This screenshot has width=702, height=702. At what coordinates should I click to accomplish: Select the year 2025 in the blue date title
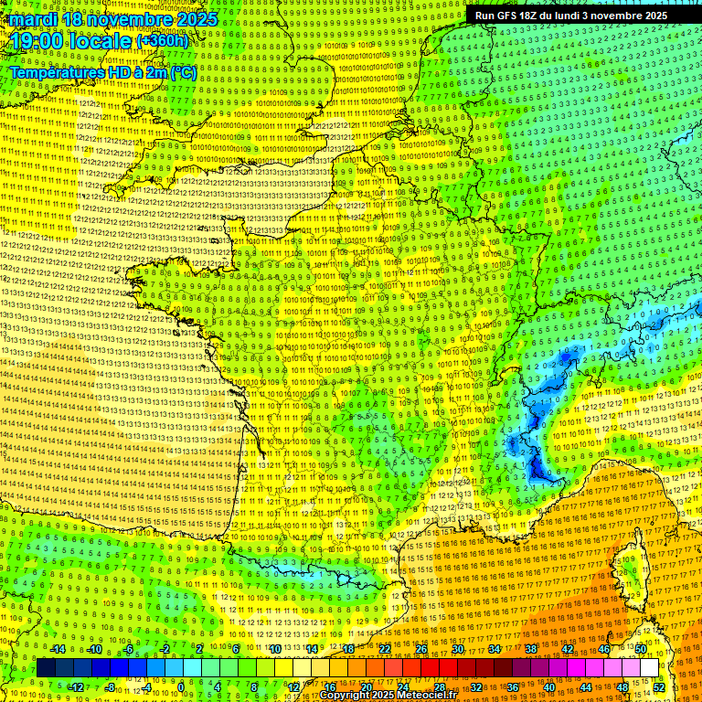pyautogui.click(x=196, y=19)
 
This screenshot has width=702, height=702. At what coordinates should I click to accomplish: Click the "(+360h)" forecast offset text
pyautogui.click(x=164, y=41)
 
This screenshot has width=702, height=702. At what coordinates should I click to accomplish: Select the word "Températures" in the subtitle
pyautogui.click(x=54, y=72)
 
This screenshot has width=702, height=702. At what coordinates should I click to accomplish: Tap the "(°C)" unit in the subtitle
pyautogui.click(x=181, y=72)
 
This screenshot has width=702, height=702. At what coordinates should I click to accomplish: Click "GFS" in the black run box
pyautogui.click(x=505, y=16)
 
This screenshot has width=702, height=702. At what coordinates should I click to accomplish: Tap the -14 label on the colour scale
pyautogui.click(x=57, y=649)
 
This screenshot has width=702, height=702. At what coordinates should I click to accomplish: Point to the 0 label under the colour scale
pyautogui.click(x=181, y=686)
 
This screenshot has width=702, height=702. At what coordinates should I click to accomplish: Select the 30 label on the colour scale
pyautogui.click(x=457, y=649)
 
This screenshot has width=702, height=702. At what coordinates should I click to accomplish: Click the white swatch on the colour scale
pyautogui.click(x=649, y=668)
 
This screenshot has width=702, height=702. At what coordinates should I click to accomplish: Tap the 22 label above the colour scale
pyautogui.click(x=385, y=649)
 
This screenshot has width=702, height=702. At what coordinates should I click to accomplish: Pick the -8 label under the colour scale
pyautogui.click(x=109, y=686)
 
